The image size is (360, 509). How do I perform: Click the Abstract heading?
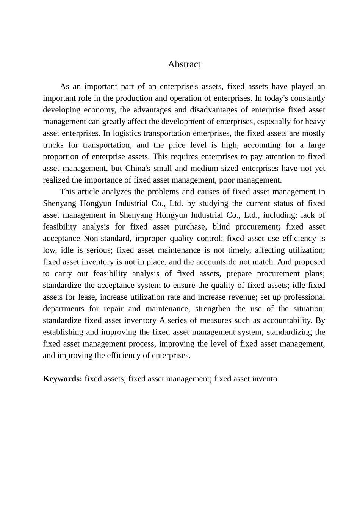point(184,64)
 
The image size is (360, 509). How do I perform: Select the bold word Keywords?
point(63,379)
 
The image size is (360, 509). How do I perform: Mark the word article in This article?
point(89,192)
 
